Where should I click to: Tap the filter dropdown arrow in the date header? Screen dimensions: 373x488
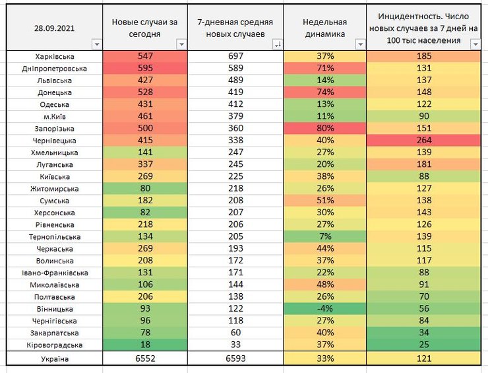[x=97, y=44]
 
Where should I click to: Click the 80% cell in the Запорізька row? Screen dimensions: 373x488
[x=324, y=129]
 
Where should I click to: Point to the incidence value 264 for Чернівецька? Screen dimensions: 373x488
[x=423, y=141]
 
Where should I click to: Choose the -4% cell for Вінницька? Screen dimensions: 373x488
[x=324, y=309]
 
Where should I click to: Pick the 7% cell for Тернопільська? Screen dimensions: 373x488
[x=324, y=237]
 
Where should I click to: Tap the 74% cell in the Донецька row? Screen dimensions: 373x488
[x=324, y=92]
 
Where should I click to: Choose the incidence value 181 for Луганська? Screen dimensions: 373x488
[x=423, y=165]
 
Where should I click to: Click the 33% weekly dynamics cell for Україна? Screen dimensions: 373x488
[x=324, y=359]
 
